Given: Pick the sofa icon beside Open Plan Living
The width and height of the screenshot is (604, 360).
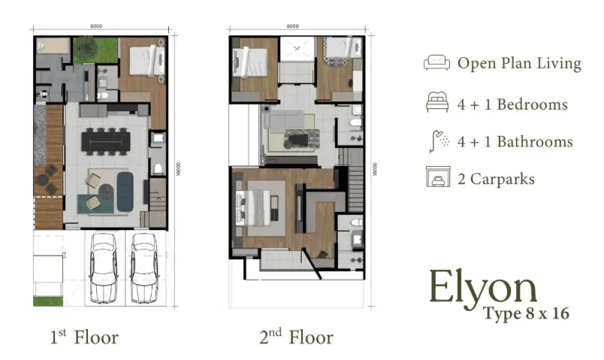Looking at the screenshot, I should [436, 63].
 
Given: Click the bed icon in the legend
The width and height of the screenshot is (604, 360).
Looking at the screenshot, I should [436, 104].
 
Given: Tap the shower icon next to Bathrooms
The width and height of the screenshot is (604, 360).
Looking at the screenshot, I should [436, 141].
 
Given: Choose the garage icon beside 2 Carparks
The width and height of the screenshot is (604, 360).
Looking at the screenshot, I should [436, 179].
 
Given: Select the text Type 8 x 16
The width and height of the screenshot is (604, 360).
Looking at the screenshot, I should [526, 313].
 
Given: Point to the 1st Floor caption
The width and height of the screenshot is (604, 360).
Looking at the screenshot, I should [83, 337].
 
